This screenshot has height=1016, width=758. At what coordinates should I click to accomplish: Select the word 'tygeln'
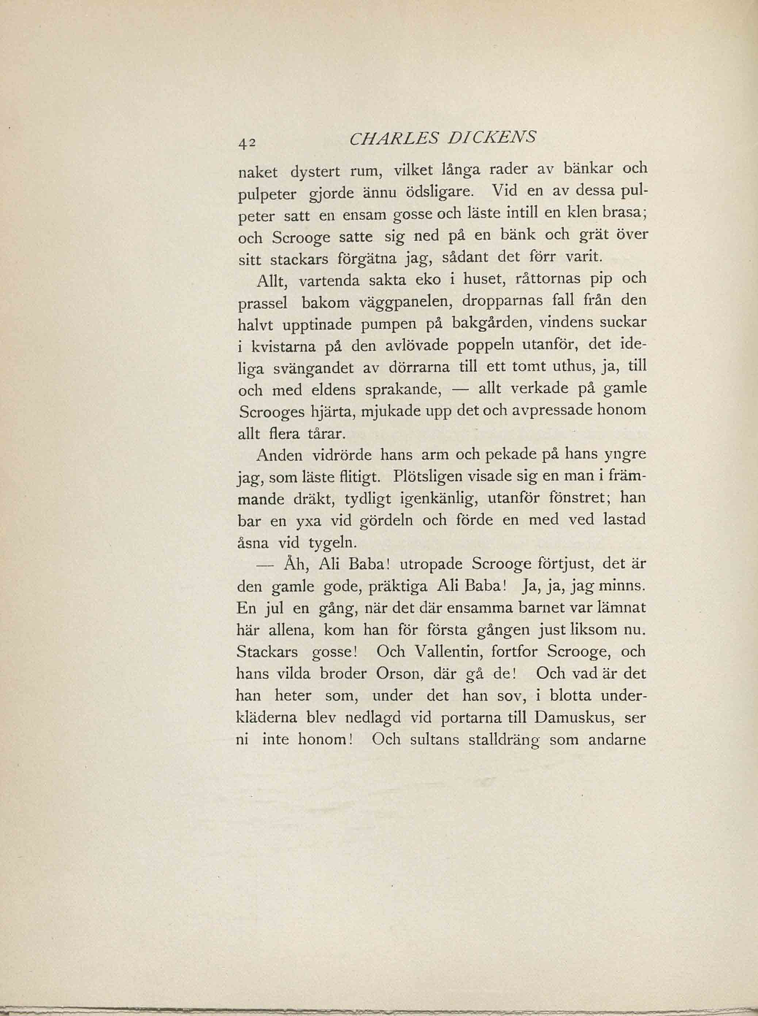click(x=332, y=543)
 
